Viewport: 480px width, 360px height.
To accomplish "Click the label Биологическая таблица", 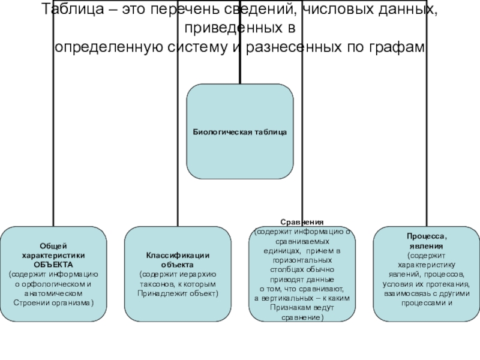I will (239, 131).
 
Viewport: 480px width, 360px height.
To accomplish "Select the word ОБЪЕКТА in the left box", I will (53, 264).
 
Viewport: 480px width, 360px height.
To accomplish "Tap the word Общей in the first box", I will (53, 246).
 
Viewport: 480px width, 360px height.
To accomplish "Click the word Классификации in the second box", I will (177, 256).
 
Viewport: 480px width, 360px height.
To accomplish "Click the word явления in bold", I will (427, 246).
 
